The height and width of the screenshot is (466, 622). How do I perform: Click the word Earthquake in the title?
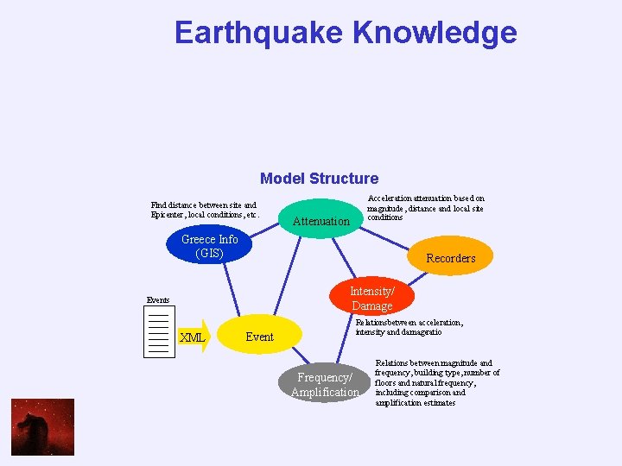click(x=259, y=33)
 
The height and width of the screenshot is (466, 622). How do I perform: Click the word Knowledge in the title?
click(x=435, y=33)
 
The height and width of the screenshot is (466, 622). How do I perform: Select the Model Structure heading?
click(x=319, y=179)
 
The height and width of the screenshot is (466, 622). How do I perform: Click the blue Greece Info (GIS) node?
click(x=209, y=246)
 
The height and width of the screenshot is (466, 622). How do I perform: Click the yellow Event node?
click(x=260, y=337)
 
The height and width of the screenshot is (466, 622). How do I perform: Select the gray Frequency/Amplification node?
click(x=324, y=385)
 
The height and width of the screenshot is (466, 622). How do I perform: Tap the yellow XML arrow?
click(x=192, y=337)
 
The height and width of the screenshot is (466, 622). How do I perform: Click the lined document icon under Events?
click(x=157, y=332)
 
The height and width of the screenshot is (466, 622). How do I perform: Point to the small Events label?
click(x=158, y=300)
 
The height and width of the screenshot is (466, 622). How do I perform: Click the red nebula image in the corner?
click(x=42, y=426)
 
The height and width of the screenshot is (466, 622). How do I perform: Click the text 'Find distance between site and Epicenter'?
click(x=204, y=210)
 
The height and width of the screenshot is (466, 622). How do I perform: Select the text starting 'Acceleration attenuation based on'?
click(x=425, y=208)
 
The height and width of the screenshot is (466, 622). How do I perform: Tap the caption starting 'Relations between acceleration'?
click(x=409, y=327)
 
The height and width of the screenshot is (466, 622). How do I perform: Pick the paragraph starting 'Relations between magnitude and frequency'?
click(x=437, y=383)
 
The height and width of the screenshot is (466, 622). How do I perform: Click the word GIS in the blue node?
click(x=209, y=253)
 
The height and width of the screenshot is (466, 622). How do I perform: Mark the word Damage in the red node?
click(x=372, y=306)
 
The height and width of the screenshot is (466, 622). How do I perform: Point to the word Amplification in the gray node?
click(x=324, y=393)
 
